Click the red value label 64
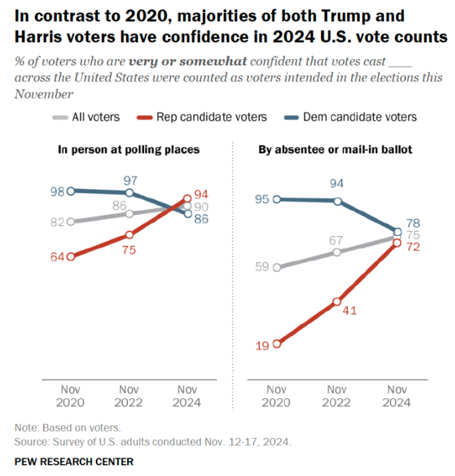click(56, 256)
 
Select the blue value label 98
click(56, 190)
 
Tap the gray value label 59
click(261, 267)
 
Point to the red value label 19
click(261, 345)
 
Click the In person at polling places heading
click(127, 150)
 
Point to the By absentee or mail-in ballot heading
click(335, 150)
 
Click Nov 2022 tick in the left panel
click(129, 396)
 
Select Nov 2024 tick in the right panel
click(398, 396)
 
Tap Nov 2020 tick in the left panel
click(70, 396)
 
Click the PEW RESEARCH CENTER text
click(74, 461)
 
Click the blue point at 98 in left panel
click(70, 190)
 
